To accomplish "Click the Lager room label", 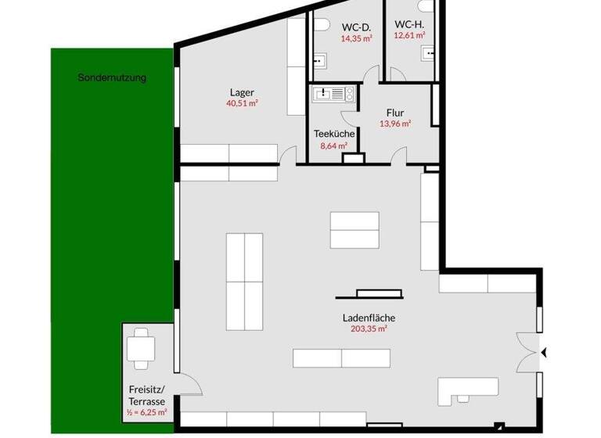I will (x=243, y=92).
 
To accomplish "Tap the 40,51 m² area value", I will (x=243, y=102).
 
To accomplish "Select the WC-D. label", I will (x=355, y=27).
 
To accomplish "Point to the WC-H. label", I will (x=409, y=24).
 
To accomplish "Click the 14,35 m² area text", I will (x=355, y=38).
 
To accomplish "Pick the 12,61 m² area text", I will (x=409, y=35).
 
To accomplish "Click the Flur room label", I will (x=394, y=112).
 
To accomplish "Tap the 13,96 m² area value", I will (x=394, y=123).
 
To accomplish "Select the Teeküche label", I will (x=334, y=134).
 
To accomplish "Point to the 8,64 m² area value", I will (x=334, y=145).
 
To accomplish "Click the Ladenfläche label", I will (x=369, y=318).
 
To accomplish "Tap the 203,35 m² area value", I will (x=369, y=329).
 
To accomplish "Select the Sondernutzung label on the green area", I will (x=112, y=77).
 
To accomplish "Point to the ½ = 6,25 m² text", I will (x=148, y=411).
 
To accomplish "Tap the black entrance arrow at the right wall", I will (x=545, y=354).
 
